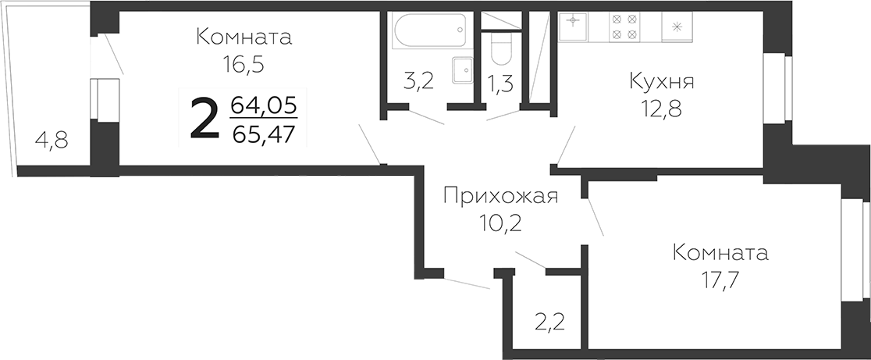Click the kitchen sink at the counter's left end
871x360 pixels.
573,27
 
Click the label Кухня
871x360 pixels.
662,81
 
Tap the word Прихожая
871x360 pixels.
500,196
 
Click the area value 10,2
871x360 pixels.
500,224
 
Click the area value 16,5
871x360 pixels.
244,65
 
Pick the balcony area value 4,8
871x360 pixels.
52,141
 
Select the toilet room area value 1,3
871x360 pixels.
500,83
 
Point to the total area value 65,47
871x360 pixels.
264,134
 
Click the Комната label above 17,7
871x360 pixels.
720,253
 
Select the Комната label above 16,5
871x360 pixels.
244,37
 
